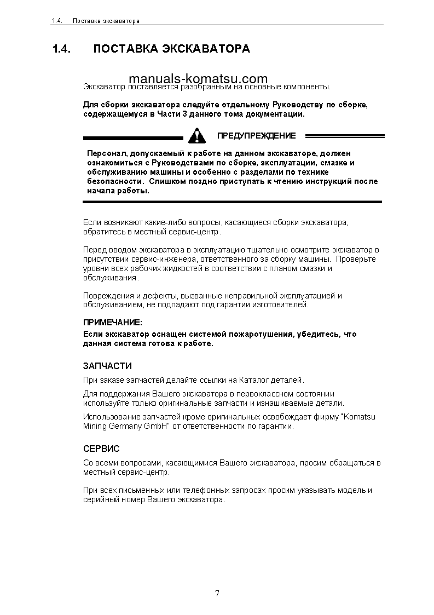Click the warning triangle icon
coord(196,135)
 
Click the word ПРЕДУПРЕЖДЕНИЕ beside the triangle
coord(256,136)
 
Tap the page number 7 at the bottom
coord(217,594)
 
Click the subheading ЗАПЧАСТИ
coord(107,366)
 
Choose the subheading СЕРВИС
coord(101,449)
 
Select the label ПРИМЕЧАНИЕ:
coord(112,323)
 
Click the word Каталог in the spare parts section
coord(251,380)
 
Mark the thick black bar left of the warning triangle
coord(132,138)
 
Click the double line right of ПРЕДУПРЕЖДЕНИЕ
coord(345,136)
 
